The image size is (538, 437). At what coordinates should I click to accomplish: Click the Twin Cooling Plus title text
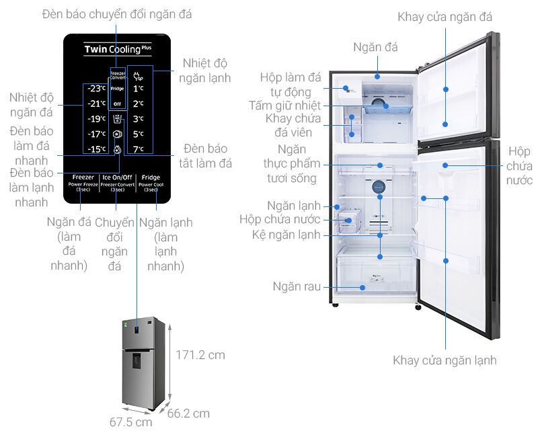(x=112, y=49)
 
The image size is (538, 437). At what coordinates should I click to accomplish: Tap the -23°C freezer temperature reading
(x=96, y=89)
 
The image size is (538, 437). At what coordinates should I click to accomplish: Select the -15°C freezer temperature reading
(x=96, y=149)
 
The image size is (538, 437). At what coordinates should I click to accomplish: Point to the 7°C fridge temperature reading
(x=139, y=149)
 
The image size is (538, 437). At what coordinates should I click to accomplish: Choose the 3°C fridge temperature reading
(x=139, y=119)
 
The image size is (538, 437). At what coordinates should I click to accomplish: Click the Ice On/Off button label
(x=118, y=177)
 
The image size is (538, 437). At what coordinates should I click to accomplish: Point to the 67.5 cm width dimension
(x=131, y=422)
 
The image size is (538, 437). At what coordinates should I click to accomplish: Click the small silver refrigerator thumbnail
(x=143, y=364)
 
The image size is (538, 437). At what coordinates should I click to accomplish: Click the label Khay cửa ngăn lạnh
(x=445, y=360)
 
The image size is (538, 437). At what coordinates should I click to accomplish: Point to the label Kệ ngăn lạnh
(x=286, y=235)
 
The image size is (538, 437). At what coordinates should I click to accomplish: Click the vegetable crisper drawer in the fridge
(x=377, y=276)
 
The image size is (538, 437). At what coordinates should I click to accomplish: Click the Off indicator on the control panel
(x=117, y=104)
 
